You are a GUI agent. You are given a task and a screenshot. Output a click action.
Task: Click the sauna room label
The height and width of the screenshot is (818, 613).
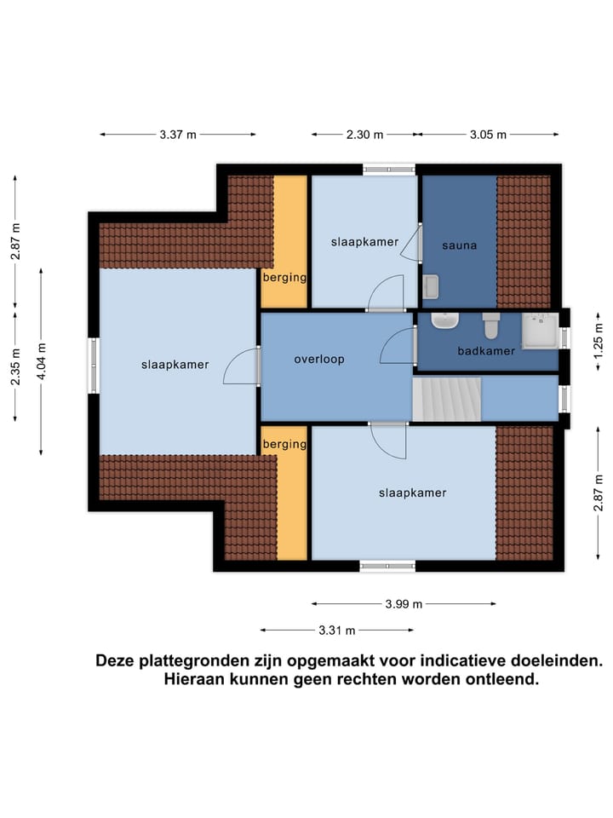pyautogui.click(x=459, y=245)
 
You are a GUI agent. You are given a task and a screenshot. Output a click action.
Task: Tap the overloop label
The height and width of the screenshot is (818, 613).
pyautogui.click(x=319, y=360)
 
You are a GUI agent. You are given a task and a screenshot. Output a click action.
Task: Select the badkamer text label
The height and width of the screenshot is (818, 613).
pyautogui.click(x=486, y=351)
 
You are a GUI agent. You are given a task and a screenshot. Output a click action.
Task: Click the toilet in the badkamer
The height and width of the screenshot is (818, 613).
pyautogui.click(x=491, y=325)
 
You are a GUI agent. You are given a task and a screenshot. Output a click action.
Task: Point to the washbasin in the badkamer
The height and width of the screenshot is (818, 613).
pyautogui.click(x=445, y=321)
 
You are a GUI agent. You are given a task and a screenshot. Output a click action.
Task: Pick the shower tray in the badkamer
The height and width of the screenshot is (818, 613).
pyautogui.click(x=540, y=331)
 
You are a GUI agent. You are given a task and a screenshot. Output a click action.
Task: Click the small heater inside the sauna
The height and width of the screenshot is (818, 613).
pyautogui.click(x=430, y=287)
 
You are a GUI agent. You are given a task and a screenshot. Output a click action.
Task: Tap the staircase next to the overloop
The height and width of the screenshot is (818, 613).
pyautogui.click(x=447, y=400)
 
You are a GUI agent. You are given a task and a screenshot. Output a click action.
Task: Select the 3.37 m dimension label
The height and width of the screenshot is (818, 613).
pyautogui.click(x=177, y=135)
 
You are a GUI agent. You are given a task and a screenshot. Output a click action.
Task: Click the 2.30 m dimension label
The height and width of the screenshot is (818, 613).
pyautogui.click(x=364, y=135)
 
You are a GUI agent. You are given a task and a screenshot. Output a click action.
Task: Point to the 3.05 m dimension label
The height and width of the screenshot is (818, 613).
pyautogui.click(x=488, y=135)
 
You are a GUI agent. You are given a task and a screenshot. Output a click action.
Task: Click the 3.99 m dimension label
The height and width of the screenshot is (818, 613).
pyautogui.click(x=404, y=604)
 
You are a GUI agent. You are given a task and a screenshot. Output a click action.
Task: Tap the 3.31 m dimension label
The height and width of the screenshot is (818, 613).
pyautogui.click(x=337, y=631)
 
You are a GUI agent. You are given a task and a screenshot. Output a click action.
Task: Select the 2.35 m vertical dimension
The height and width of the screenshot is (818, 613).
pyautogui.click(x=15, y=366)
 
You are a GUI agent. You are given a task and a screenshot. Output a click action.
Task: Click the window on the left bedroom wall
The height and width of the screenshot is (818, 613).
pyautogui.click(x=95, y=366)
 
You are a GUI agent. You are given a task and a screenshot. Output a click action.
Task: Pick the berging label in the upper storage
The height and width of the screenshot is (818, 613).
pyautogui.click(x=284, y=278)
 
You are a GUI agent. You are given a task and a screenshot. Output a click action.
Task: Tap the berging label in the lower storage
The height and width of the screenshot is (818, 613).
pyautogui.click(x=284, y=445)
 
